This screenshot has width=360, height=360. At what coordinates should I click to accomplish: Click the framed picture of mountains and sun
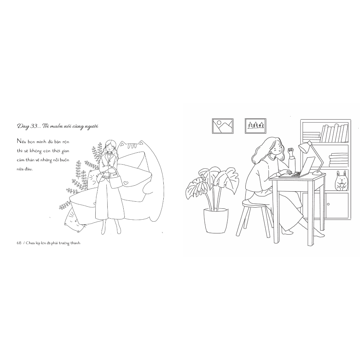[x=222, y=126]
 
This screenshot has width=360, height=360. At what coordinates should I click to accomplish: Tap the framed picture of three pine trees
[x=256, y=126]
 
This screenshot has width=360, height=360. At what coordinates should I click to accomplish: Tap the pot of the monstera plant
[x=216, y=220]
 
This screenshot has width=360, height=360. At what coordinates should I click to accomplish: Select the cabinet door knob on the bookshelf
[x=329, y=204]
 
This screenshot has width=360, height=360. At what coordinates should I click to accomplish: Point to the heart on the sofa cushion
[x=125, y=183]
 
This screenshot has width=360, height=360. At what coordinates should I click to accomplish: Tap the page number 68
[x=19, y=243]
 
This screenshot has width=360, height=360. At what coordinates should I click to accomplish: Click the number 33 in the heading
[x=34, y=126]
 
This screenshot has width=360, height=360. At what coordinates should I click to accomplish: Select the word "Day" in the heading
[x=23, y=127]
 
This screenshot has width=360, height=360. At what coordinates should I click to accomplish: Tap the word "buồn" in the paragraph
[x=65, y=160]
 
